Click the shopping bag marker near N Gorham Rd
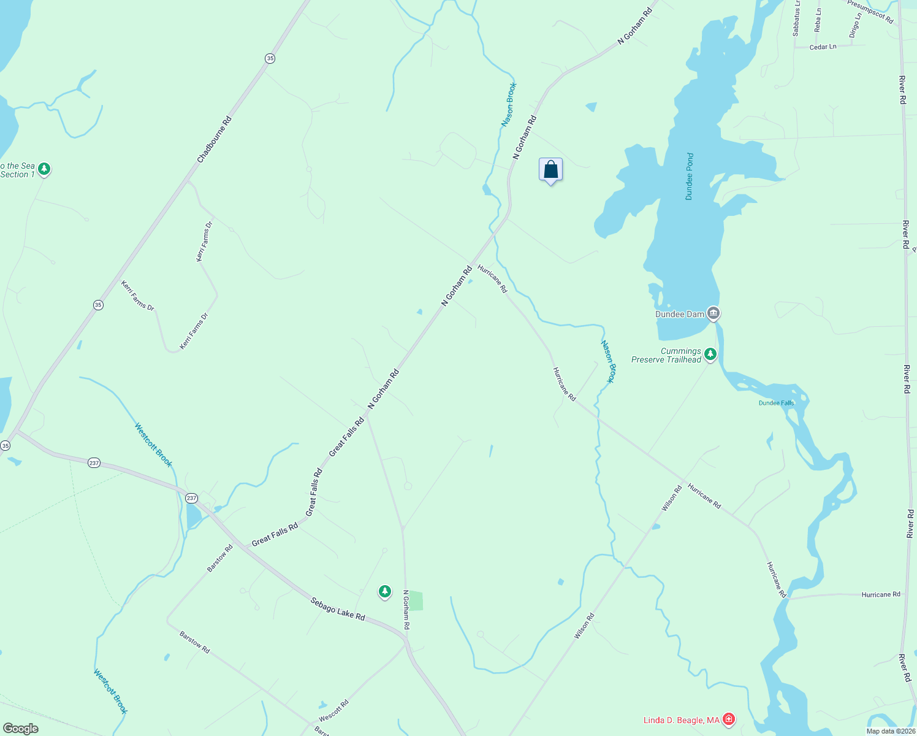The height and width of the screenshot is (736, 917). [550, 170]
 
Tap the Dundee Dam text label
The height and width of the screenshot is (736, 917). [680, 314]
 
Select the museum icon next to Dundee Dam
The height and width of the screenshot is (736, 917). [713, 313]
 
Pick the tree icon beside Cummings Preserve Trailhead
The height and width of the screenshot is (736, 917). [710, 354]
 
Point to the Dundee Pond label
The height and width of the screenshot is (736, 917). [690, 177]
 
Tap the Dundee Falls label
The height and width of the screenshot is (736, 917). [776, 403]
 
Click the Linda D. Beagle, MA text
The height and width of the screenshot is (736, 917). [681, 720]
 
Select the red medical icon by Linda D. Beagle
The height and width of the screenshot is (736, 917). [728, 719]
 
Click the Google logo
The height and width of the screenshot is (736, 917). [20, 729]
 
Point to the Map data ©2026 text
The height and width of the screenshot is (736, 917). [891, 731]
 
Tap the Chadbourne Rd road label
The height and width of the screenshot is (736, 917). [215, 140]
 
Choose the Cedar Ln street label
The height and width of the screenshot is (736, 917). [823, 47]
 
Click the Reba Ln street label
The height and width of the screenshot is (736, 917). [818, 20]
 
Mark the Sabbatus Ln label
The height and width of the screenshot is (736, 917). [796, 18]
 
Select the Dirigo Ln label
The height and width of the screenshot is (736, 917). [855, 26]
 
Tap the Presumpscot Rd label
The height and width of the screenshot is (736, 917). [870, 12]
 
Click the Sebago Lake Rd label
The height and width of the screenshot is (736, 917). [337, 608]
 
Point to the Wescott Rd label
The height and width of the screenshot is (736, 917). [333, 710]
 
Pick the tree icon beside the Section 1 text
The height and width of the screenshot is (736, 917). [44, 168]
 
